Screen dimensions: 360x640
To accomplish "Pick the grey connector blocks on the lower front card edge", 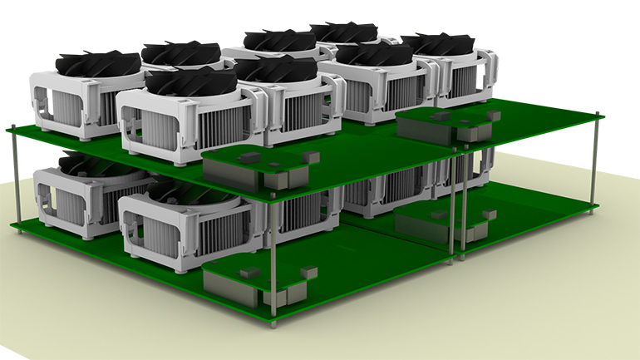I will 287,295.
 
